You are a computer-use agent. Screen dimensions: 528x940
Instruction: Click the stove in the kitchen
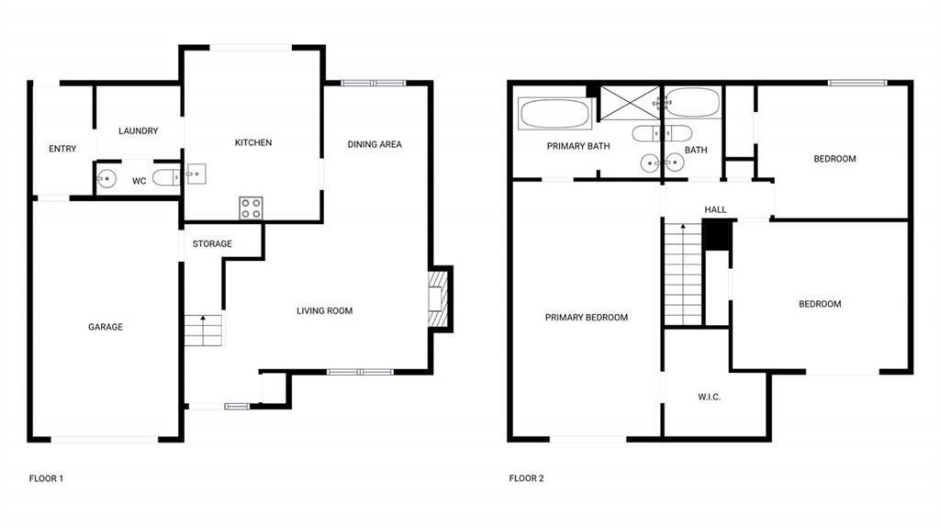point(251,208)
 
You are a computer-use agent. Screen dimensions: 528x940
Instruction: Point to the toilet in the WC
point(166,178)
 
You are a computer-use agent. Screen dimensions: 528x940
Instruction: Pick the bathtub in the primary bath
point(555,115)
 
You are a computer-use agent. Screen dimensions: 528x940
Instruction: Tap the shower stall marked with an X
point(629,104)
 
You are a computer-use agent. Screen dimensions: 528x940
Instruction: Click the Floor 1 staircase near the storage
point(203,329)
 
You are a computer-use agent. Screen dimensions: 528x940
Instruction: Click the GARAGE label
point(106,327)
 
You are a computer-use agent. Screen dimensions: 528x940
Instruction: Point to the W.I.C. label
point(709,398)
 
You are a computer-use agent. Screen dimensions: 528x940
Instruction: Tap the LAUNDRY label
point(139,131)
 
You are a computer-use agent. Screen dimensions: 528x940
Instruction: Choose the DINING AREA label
point(375,144)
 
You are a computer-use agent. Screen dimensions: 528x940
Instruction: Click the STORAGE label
point(212,244)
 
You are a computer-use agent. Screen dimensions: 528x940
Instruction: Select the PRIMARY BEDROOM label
point(587,318)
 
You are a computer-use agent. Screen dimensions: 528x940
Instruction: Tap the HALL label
point(715,209)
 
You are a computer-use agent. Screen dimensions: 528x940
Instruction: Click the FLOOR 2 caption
point(526,478)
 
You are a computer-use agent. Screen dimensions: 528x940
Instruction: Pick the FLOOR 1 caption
point(46,478)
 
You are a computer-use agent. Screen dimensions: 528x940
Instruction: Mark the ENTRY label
point(62,149)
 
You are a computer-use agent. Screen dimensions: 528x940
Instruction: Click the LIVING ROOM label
point(324,311)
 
